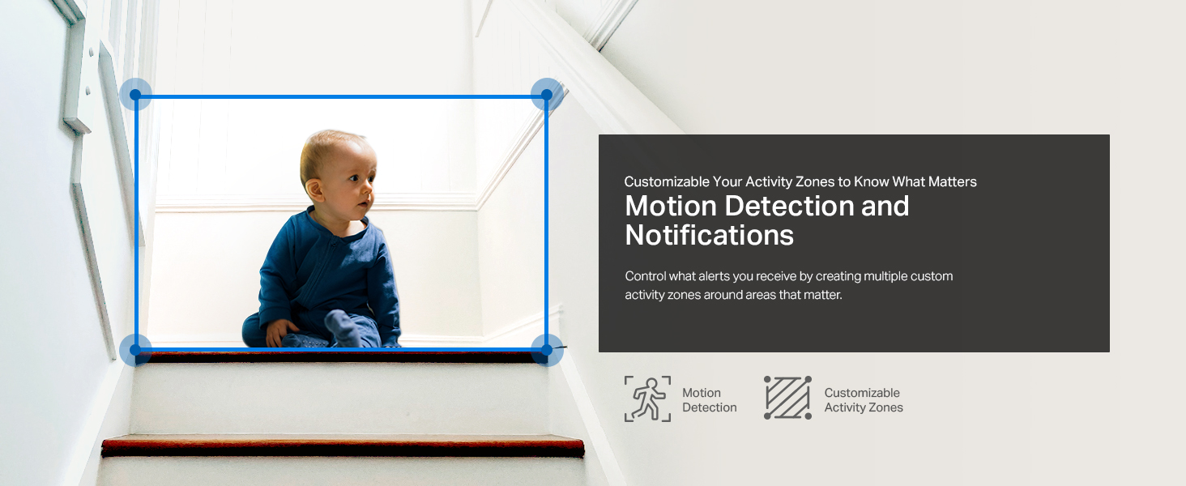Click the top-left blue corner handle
pyautogui.click(x=135, y=95)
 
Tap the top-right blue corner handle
pyautogui.click(x=547, y=95)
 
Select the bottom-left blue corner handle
pyautogui.click(x=135, y=350)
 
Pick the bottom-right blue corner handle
pyautogui.click(x=547, y=350)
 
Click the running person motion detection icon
pyautogui.click(x=647, y=399)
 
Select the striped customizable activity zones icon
pyautogui.click(x=787, y=399)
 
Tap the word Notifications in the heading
pyautogui.click(x=709, y=235)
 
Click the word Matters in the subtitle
pyautogui.click(x=953, y=181)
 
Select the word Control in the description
pyautogui.click(x=646, y=276)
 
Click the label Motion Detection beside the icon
pyautogui.click(x=709, y=400)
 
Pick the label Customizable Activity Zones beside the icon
pyautogui.click(x=863, y=400)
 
